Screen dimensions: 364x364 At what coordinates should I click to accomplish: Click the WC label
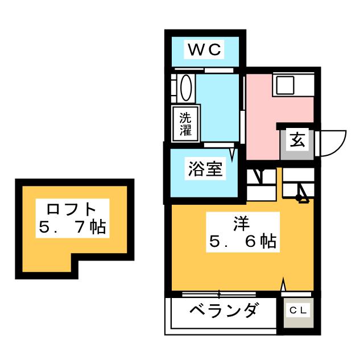point(205,50)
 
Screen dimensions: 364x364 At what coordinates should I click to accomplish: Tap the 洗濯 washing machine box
point(186,124)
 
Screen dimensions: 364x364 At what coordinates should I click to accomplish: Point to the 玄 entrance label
point(297,140)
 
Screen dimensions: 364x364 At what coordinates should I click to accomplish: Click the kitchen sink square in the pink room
point(284,85)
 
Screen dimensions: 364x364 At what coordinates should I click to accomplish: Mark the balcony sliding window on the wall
point(210,294)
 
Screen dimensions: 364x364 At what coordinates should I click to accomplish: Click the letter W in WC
point(196,50)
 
